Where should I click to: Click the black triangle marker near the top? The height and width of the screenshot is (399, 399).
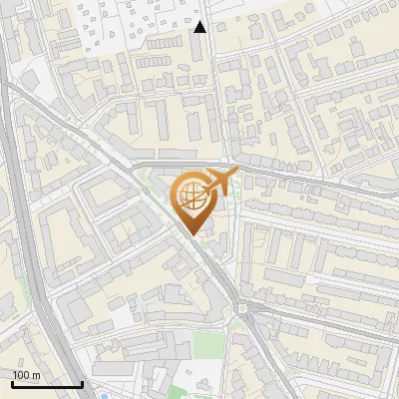click(200, 27)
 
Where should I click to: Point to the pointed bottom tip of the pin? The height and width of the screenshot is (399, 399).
click(193, 235)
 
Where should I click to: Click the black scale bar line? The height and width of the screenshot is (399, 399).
click(47, 384)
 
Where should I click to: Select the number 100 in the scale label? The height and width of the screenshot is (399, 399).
click(21, 375)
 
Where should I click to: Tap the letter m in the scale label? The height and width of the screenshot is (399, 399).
click(34, 375)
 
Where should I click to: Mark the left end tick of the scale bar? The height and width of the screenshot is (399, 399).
click(12, 382)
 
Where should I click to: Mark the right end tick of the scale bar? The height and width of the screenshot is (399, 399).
click(82, 382)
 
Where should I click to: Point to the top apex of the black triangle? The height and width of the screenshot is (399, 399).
click(200, 21)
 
